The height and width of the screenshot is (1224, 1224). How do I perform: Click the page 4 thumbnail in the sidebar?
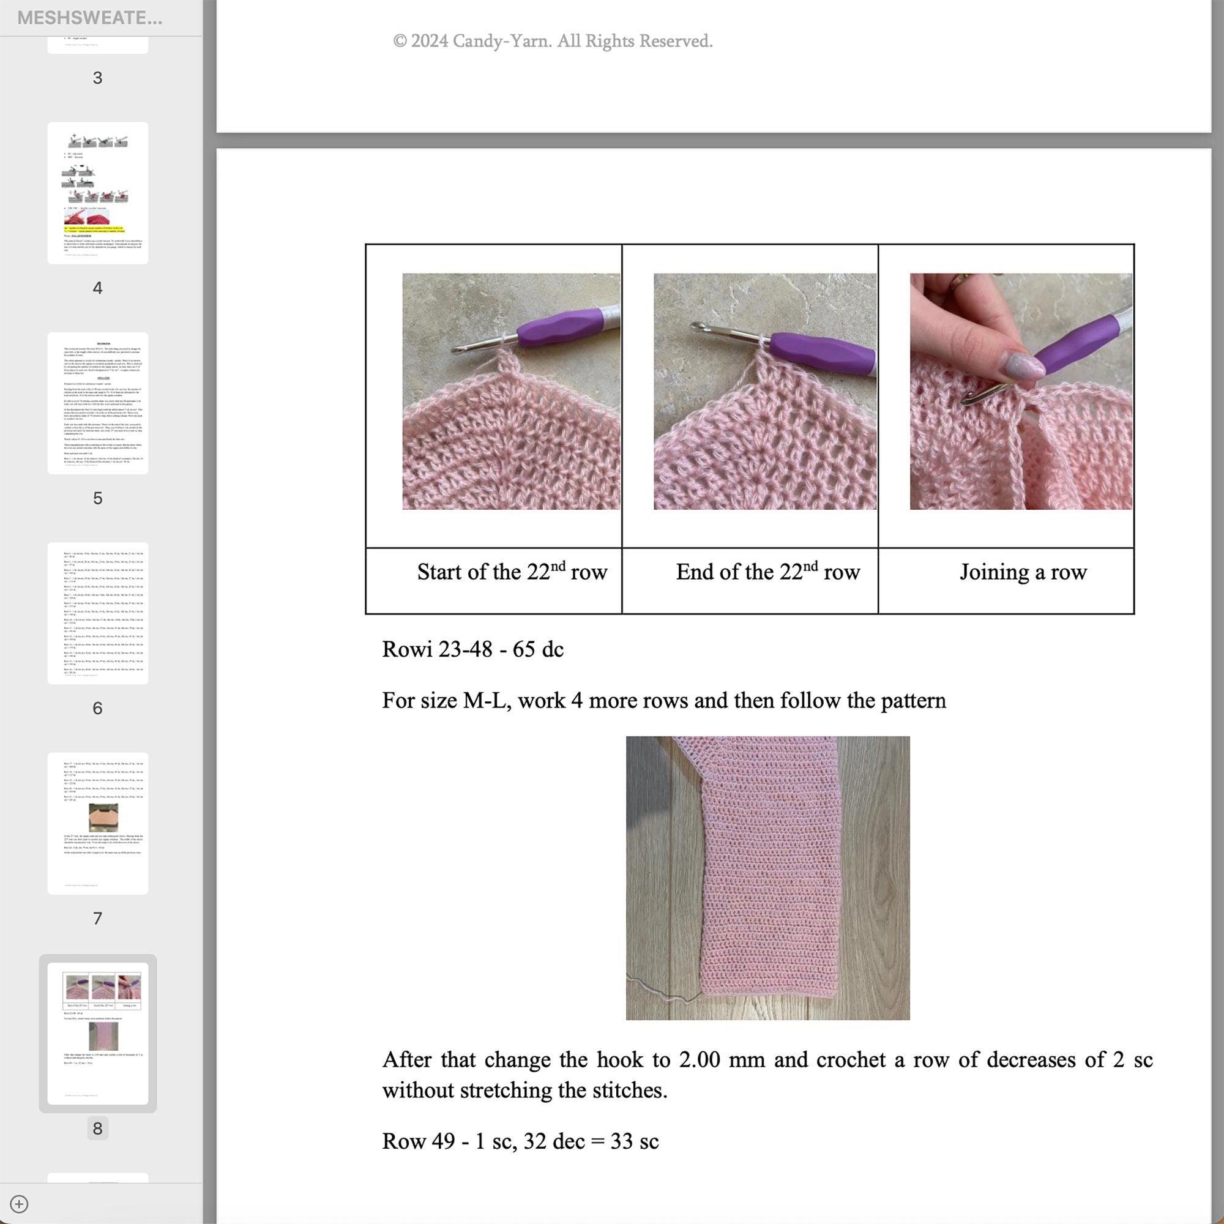click(97, 193)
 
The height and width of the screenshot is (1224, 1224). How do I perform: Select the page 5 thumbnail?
click(97, 403)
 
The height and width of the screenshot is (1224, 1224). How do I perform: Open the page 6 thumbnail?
click(97, 613)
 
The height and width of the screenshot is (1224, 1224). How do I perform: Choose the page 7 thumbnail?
click(97, 823)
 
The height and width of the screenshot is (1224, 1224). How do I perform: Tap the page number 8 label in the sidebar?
click(97, 1128)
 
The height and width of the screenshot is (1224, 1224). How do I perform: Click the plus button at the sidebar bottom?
click(19, 1204)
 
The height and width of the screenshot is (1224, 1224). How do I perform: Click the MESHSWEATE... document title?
click(89, 18)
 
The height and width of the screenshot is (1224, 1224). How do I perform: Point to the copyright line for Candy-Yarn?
click(553, 41)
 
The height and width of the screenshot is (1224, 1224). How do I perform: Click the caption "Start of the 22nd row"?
click(512, 572)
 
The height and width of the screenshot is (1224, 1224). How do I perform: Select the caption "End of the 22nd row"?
click(767, 572)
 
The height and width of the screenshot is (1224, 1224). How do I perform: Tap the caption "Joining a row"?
click(1023, 572)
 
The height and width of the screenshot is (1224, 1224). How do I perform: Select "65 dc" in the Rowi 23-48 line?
click(538, 649)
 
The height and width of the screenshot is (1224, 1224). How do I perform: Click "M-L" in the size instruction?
click(487, 701)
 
